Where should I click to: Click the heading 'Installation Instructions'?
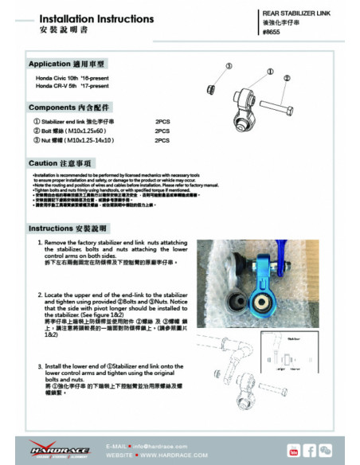click(x=85, y=17)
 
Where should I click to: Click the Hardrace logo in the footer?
click(x=52, y=449)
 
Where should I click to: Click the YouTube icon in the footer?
click(x=293, y=450)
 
